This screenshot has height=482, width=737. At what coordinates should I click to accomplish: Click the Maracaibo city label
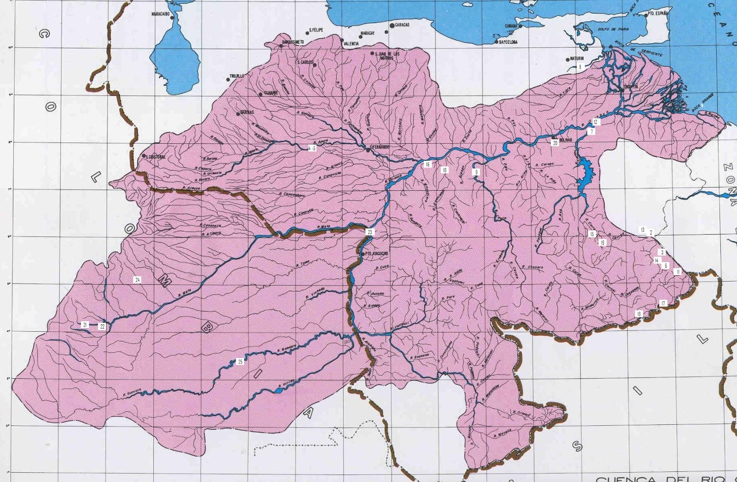(160, 14)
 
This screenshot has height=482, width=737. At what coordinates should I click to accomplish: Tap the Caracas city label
(402, 25)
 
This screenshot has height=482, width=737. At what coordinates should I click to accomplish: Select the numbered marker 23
(370, 232)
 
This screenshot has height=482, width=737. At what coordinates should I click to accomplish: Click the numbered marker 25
(240, 362)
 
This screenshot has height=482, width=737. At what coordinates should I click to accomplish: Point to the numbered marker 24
(137, 280)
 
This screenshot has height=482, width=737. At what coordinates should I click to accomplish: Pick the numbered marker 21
(85, 325)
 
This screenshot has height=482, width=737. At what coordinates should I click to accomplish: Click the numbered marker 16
(427, 165)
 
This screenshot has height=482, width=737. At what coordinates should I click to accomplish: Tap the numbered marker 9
(476, 172)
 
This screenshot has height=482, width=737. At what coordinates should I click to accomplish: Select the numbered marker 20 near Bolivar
(555, 143)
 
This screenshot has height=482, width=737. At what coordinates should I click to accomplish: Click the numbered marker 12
(596, 122)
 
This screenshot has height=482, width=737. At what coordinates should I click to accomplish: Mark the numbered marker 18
(639, 314)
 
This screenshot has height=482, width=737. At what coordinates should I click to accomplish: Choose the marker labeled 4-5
(312, 148)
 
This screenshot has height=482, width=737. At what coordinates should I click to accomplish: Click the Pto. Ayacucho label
(376, 253)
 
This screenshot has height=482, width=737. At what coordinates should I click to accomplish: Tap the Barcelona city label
(508, 42)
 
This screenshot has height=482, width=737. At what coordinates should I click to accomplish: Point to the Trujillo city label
(237, 76)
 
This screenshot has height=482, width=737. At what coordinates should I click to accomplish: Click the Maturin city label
(577, 59)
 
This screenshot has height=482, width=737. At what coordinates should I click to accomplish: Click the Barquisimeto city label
(293, 42)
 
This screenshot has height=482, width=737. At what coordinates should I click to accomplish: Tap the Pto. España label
(657, 14)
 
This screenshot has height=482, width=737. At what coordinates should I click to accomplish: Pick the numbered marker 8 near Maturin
(580, 67)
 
